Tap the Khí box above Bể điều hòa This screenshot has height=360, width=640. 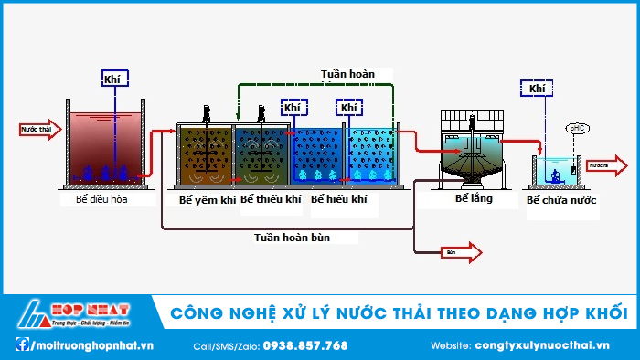[114, 79]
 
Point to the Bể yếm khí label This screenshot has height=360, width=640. [207, 199]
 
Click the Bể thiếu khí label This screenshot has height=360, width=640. [271, 199]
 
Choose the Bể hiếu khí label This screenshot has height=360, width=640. [338, 199]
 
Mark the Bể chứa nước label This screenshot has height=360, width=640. [561, 200]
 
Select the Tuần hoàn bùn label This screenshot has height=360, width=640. [293, 238]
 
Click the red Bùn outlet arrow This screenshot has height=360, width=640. [459, 249]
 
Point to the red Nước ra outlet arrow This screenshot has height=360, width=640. [606, 165]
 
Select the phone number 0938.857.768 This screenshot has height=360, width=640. [305, 346]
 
